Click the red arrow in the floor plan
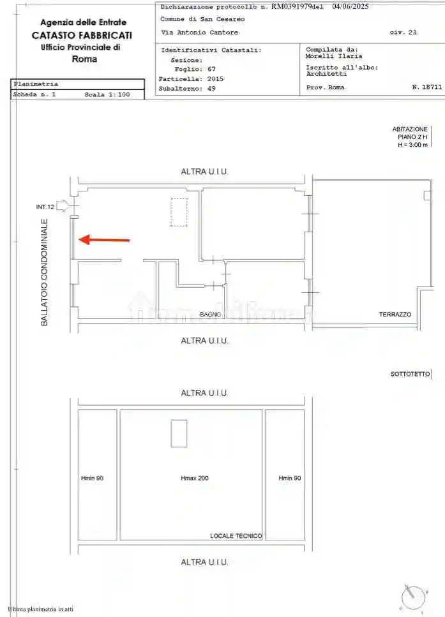point(104,240)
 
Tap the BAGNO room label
point(210,315)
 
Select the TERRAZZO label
point(395,315)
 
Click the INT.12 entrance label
point(45,207)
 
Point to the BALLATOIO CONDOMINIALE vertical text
point(45,273)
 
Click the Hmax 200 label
point(195,478)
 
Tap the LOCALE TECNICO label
point(236,536)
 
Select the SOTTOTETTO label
point(410,374)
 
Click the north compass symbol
point(411,597)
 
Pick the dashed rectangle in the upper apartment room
point(179,212)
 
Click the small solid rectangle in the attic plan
point(179,433)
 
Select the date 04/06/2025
point(351,7)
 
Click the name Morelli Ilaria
point(334,56)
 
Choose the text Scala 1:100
point(107,94)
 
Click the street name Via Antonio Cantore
point(199,32)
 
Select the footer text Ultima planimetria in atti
point(41,609)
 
